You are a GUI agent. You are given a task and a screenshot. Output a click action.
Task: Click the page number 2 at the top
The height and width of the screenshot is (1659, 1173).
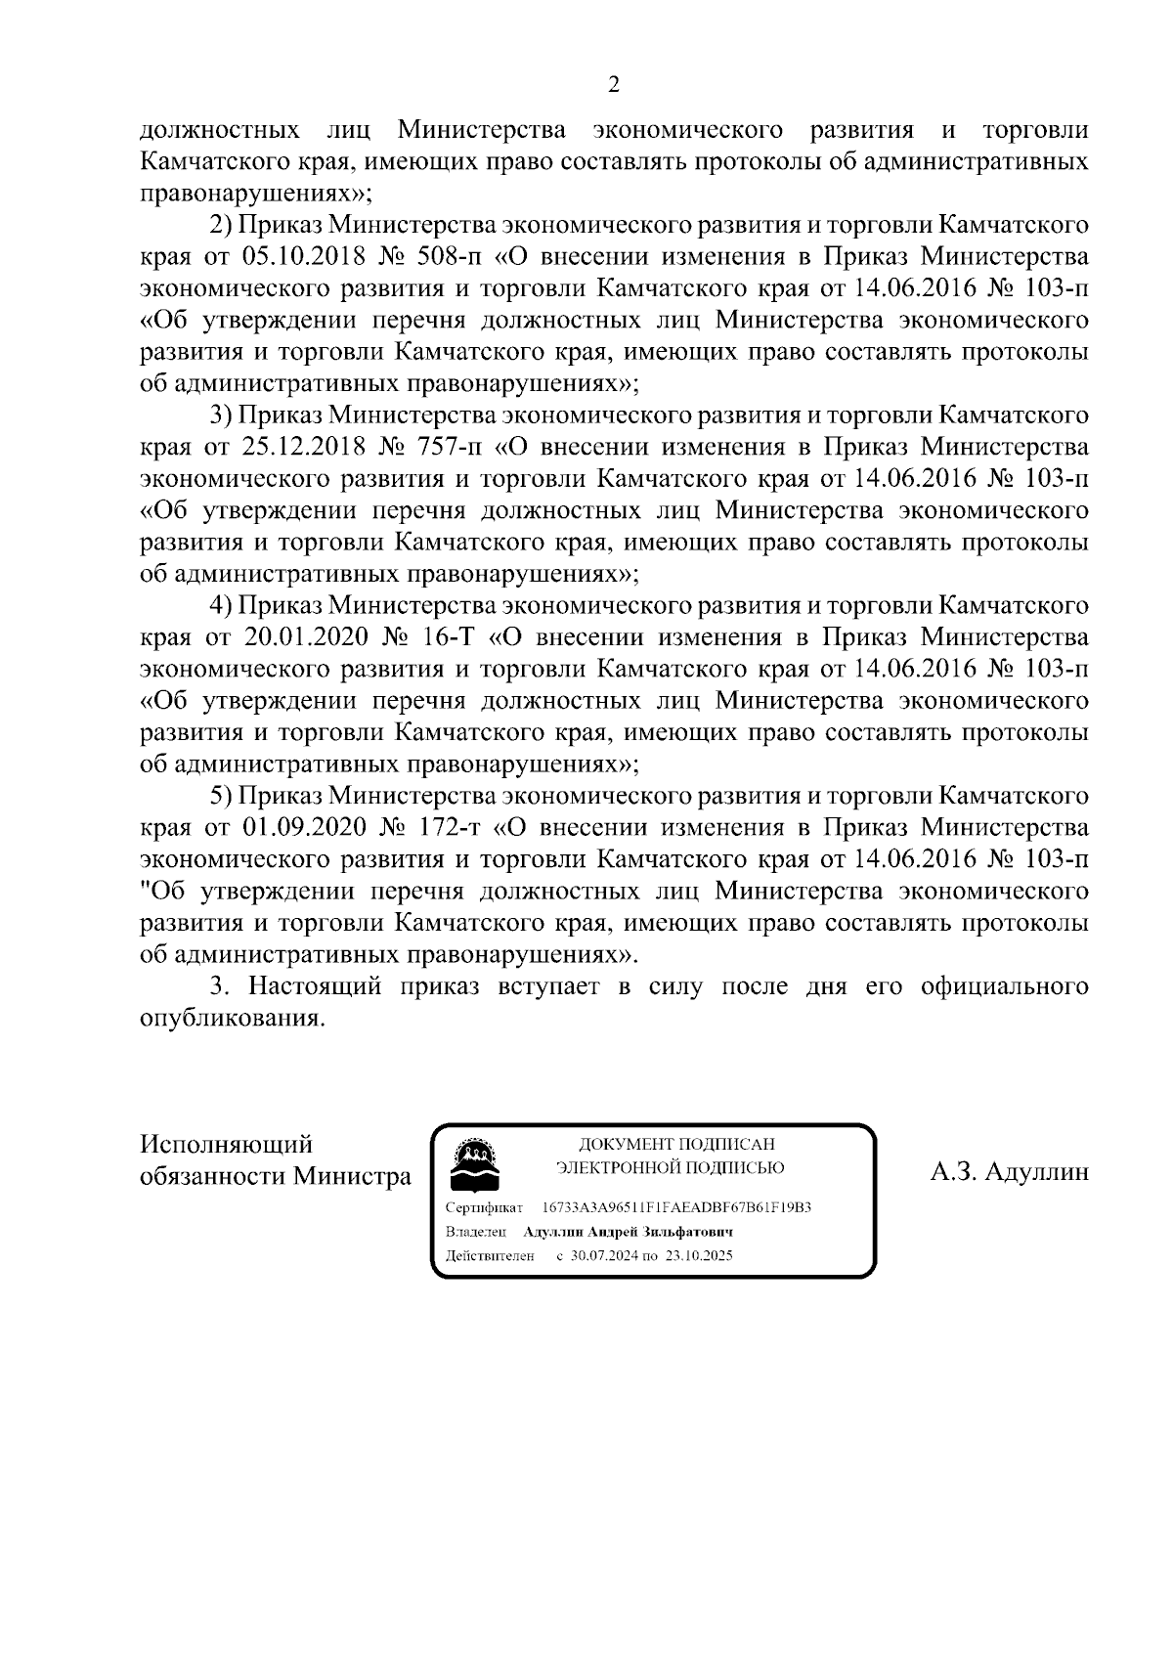[x=614, y=85]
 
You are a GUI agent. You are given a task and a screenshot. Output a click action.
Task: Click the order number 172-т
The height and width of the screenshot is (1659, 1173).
[x=453, y=827]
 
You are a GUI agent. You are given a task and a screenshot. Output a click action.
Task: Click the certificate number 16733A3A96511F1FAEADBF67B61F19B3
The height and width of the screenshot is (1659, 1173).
[x=676, y=1207]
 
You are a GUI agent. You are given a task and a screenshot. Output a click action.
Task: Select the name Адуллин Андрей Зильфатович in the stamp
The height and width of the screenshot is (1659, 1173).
[x=628, y=1232]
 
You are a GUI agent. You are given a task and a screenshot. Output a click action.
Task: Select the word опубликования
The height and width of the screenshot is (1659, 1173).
[x=232, y=1018]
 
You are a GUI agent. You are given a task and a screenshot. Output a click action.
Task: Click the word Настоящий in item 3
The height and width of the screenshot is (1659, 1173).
[x=314, y=985]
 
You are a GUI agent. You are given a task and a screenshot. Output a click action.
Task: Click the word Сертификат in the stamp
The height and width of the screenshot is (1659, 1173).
[x=484, y=1207]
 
